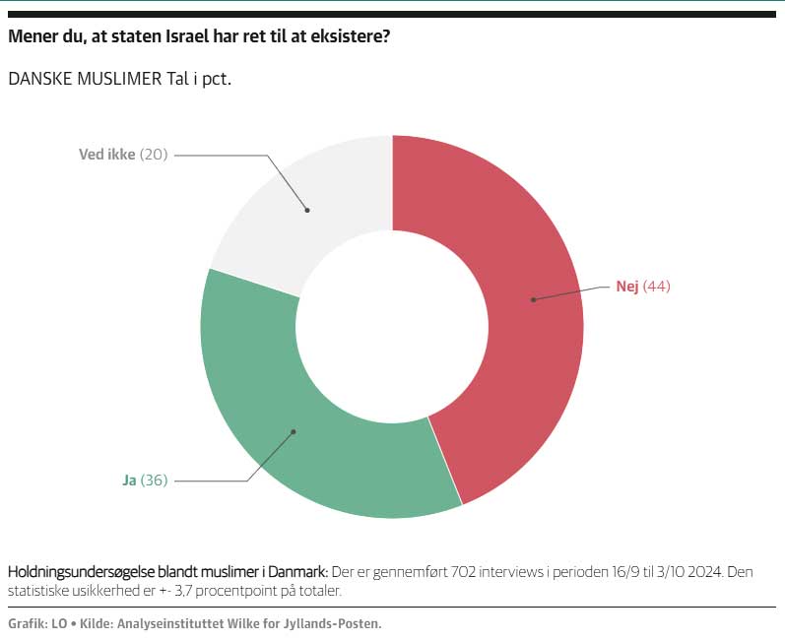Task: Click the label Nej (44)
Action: pyautogui.click(x=642, y=287)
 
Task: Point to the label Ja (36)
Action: pyautogui.click(x=145, y=481)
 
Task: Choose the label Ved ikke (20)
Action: pyautogui.click(x=123, y=155)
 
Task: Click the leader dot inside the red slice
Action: pyautogui.click(x=533, y=299)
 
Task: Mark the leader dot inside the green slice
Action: pyautogui.click(x=293, y=431)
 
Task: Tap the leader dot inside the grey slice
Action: pyautogui.click(x=307, y=210)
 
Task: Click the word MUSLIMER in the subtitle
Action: pyautogui.click(x=116, y=79)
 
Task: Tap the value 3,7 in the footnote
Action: pyautogui.click(x=185, y=591)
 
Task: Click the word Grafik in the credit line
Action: pyautogui.click(x=27, y=623)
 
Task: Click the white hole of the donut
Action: pyautogui.click(x=392, y=326)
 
